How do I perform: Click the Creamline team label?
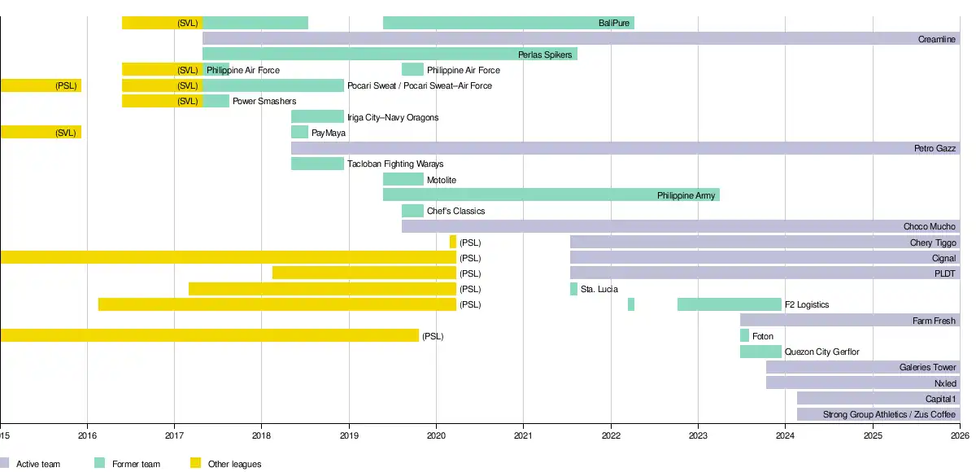click(937, 39)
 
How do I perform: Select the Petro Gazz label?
click(935, 149)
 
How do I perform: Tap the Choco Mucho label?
click(930, 227)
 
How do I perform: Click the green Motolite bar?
click(403, 180)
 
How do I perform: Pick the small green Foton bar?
click(744, 336)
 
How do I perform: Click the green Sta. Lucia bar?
click(573, 289)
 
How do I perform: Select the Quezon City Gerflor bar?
click(760, 352)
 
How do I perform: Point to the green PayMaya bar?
click(299, 133)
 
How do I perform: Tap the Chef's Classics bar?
click(412, 212)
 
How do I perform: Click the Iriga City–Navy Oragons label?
click(392, 117)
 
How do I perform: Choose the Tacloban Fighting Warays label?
click(394, 164)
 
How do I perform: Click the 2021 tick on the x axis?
click(523, 435)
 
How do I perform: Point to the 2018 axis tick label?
click(261, 435)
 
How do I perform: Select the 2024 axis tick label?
click(785, 435)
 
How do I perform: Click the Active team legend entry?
click(37, 464)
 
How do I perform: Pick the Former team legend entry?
click(136, 464)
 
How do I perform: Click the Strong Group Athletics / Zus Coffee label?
click(889, 414)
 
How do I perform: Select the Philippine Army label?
click(686, 195)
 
